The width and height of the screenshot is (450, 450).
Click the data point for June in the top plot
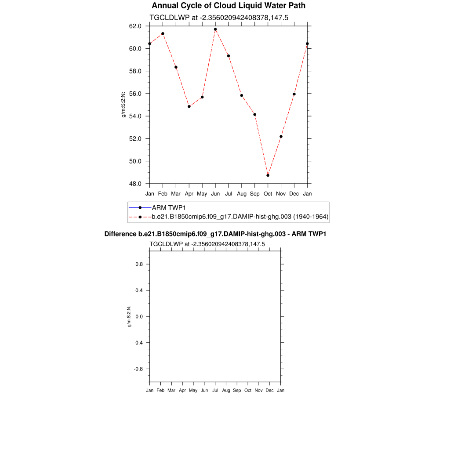215,29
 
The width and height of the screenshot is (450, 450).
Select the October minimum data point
268,175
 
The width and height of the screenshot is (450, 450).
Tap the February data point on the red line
163,34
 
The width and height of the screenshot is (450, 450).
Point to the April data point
189,106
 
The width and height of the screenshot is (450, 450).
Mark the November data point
281,137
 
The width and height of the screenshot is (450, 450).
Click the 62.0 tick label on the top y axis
135,26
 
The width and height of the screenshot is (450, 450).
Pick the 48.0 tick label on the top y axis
135,184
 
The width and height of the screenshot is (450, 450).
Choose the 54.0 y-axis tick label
135,116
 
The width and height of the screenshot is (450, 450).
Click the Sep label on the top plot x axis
255,194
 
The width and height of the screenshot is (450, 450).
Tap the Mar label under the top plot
176,194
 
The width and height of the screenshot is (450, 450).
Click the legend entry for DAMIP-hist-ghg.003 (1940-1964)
240,217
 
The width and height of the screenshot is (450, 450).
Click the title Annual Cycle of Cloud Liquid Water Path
229,6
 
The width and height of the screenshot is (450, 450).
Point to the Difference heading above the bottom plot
215,234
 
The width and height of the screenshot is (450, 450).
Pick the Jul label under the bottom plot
215,391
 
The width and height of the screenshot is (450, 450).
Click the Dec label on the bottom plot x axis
270,391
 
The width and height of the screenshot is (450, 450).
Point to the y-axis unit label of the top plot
124,105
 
